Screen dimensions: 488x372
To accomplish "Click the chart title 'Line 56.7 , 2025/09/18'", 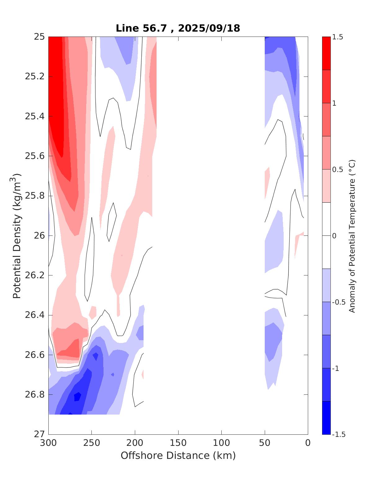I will pyautogui.click(x=178, y=28).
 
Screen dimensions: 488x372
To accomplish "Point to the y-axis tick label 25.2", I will pyautogui.click(x=35, y=77).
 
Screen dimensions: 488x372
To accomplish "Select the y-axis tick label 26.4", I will pyautogui.click(x=35, y=315).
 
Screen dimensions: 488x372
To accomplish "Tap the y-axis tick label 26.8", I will pyautogui.click(x=35, y=395).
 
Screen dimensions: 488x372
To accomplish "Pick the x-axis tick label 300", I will pyautogui.click(x=49, y=443).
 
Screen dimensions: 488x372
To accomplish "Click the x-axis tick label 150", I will pyautogui.click(x=178, y=443).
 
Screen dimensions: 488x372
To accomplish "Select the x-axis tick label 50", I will pyautogui.click(x=265, y=443).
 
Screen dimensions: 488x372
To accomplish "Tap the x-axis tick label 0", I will pyautogui.click(x=308, y=443).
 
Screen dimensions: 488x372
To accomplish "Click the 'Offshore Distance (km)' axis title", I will pyautogui.click(x=178, y=455).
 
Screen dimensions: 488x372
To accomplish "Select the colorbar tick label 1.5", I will pyautogui.click(x=338, y=37).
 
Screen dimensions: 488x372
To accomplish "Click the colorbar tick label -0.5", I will pyautogui.click(x=339, y=302).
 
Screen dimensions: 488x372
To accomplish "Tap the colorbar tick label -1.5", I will pyautogui.click(x=339, y=434).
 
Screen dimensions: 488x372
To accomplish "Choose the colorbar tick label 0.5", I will pyautogui.click(x=338, y=169).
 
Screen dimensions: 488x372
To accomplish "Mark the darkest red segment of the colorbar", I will pyautogui.click(x=326, y=53).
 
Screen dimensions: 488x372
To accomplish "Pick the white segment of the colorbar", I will pyautogui.click(x=326, y=235).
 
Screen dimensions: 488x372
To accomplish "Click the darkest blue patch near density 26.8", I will pyautogui.click(x=77, y=396).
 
